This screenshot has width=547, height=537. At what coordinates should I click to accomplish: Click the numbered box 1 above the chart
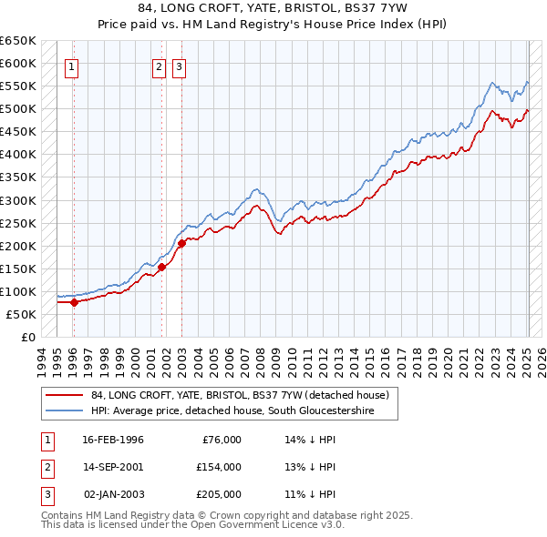tap(71, 66)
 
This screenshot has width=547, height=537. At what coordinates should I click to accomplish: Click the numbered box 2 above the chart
tap(159, 66)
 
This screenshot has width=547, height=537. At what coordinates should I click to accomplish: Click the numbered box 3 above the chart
tap(178, 66)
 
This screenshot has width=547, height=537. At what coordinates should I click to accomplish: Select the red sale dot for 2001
tap(161, 267)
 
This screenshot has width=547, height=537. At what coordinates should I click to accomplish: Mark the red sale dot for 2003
tap(181, 243)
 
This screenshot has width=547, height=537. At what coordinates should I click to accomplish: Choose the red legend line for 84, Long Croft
tap(65, 395)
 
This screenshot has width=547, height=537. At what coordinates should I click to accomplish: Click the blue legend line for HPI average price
tap(65, 411)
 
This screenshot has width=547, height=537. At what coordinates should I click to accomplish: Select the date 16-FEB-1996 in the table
tap(113, 440)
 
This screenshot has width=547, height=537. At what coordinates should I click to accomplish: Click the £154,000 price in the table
tap(218, 467)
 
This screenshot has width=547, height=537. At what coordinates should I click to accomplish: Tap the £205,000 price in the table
tap(218, 494)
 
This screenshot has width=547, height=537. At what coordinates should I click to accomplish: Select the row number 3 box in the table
tap(46, 494)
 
